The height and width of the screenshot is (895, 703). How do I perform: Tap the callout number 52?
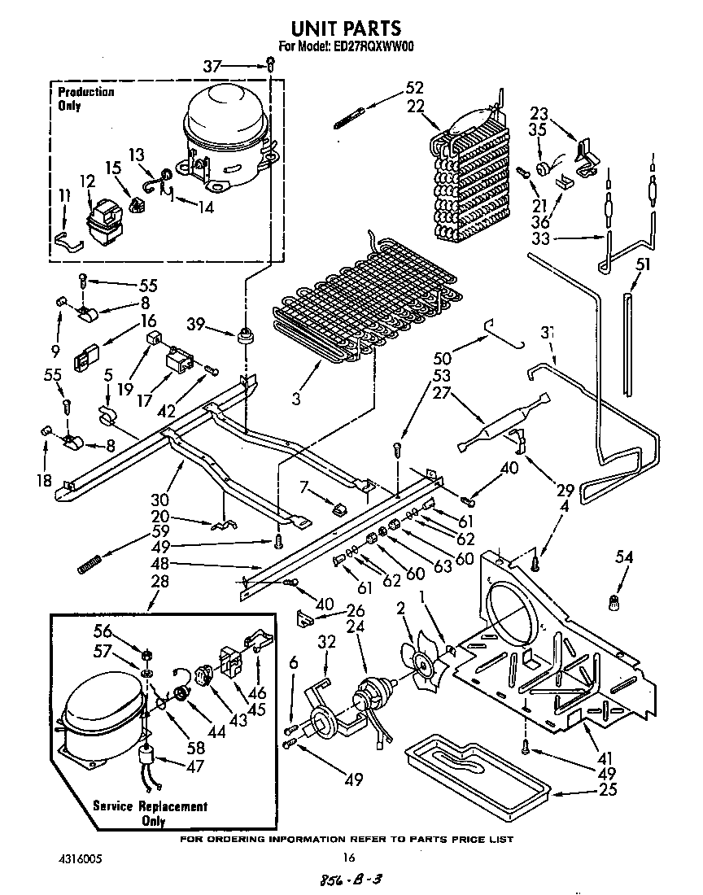414,88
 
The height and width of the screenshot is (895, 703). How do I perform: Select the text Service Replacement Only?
150,814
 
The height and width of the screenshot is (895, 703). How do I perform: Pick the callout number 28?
159,583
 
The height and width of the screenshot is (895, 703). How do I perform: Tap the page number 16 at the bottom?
349,857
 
